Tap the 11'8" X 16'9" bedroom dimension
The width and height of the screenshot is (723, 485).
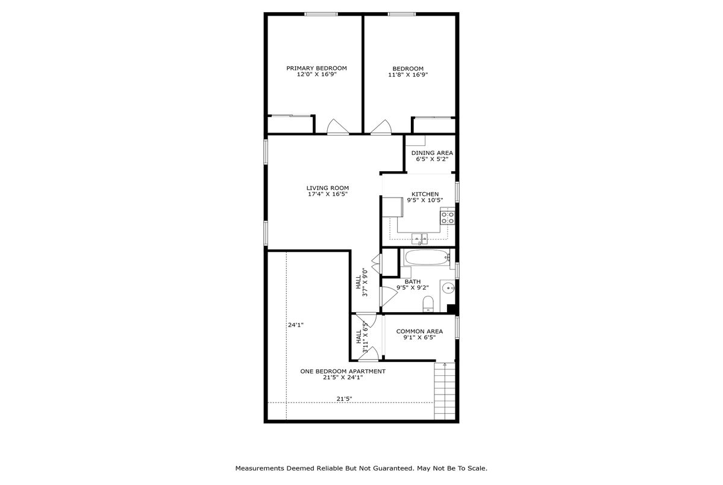point(408,75)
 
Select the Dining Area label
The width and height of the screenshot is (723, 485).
point(432,153)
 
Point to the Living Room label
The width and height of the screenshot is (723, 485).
point(328,188)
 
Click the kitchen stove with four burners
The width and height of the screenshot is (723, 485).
point(448,217)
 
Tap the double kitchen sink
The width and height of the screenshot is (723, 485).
point(419,239)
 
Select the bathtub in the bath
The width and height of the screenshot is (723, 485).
point(427,257)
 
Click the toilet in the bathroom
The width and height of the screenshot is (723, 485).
point(428,304)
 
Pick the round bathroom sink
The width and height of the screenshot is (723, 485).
point(448,287)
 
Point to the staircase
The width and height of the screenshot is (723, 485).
point(445,391)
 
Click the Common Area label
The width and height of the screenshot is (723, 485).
point(419,331)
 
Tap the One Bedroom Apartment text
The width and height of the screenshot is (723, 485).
point(343,371)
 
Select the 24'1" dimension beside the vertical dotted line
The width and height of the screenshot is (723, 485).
point(296,325)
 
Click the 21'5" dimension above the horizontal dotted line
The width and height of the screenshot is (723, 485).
point(344,399)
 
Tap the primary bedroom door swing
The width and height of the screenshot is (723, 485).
point(337,127)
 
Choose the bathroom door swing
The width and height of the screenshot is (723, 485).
point(389,296)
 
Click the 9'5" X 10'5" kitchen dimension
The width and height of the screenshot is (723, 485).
point(425,200)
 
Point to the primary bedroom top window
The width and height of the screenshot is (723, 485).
point(321,14)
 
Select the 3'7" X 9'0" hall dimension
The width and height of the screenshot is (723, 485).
point(365,283)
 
